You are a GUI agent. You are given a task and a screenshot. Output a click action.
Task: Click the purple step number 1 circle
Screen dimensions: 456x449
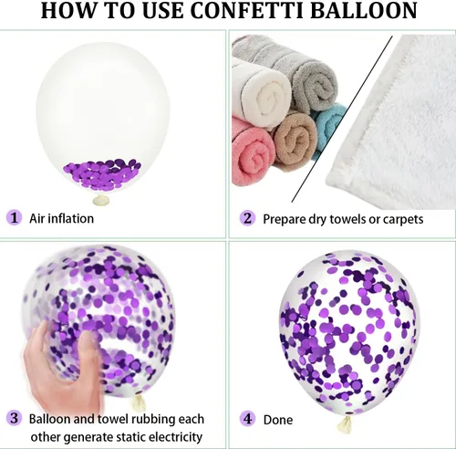tap(14, 218)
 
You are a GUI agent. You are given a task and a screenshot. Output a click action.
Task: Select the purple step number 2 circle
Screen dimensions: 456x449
tap(248, 218)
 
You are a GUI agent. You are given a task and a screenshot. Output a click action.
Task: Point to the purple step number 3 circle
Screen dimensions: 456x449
tap(14, 418)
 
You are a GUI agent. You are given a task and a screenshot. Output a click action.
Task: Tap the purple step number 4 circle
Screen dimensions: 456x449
tap(248, 419)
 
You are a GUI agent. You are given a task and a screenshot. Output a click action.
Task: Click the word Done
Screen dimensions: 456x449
tap(278, 420)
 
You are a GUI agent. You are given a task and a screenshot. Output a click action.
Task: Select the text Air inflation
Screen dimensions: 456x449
tap(61, 218)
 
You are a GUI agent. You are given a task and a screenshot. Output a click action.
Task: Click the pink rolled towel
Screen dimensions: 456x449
tap(253, 153)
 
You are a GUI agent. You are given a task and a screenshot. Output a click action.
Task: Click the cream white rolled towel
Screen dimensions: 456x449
tap(262, 91)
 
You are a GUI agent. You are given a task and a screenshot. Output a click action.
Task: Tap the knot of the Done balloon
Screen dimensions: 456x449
tap(345, 424)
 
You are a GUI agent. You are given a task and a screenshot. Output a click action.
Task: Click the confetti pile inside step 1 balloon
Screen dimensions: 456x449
tap(102, 173)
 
